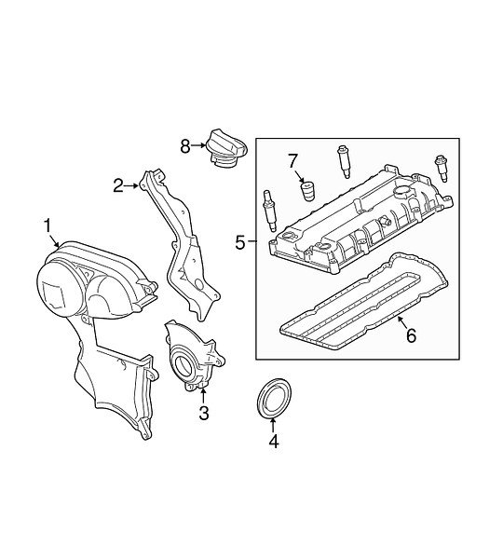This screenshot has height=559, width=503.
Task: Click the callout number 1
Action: pos(48,226)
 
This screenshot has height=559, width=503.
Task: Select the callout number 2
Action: pos(118,185)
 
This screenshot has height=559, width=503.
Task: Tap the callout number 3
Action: pos(204,413)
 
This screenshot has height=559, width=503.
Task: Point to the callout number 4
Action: pos(274,442)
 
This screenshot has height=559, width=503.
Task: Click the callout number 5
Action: pos(240,243)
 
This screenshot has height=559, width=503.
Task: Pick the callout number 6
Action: pos(412,335)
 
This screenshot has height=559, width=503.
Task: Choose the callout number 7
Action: pos(292,161)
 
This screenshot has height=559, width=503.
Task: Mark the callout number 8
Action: pos(185,146)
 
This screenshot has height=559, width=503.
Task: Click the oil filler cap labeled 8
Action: pos(226,151)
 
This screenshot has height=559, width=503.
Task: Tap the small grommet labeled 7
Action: pos(307,193)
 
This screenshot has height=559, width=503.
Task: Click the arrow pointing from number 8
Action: pos(198,145)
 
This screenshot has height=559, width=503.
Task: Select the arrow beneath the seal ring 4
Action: pos(273,426)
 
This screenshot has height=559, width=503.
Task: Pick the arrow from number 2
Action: pos(131,185)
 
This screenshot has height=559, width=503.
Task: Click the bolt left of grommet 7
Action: pos(268,211)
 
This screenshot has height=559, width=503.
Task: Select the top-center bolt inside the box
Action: pos(343,161)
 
